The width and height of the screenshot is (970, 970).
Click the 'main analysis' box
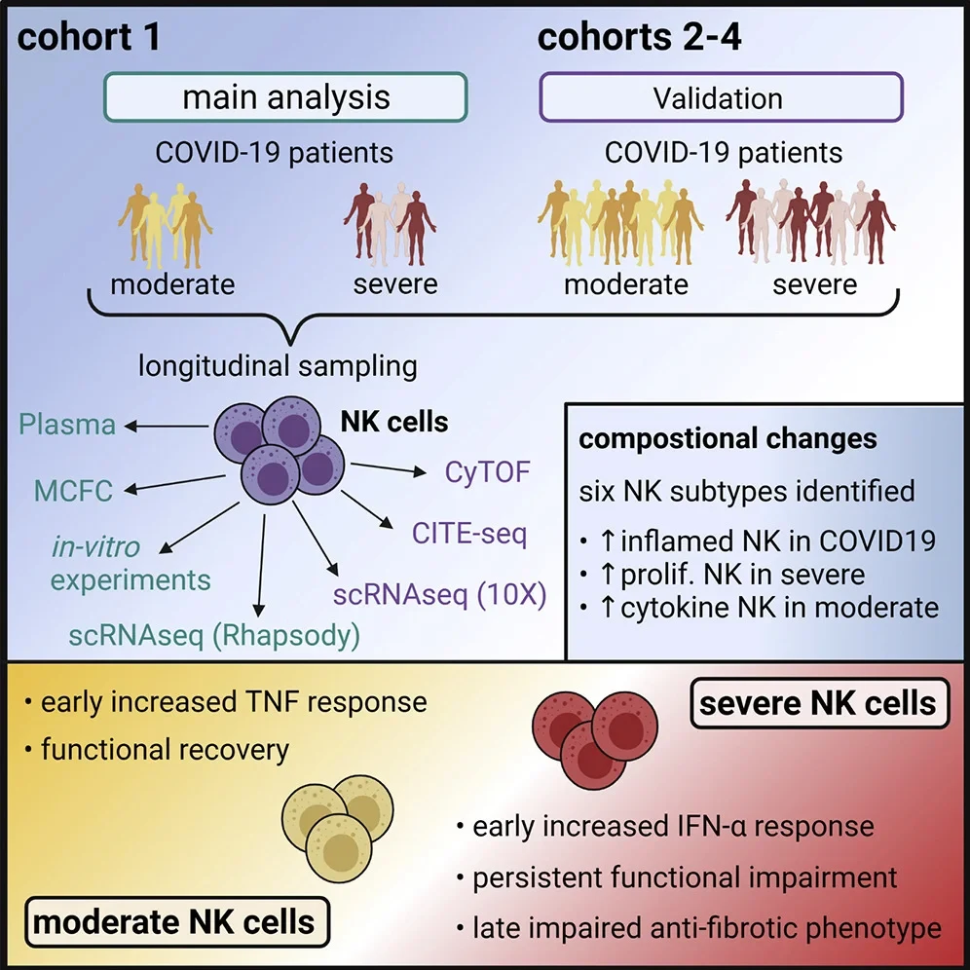point(285,97)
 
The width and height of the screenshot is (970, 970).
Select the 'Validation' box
point(717,98)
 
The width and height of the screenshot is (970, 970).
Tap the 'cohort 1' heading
point(89,38)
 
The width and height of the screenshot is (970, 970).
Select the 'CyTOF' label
point(487,473)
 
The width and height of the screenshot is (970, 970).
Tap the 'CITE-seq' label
point(470,534)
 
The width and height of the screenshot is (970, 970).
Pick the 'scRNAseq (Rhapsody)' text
point(214,638)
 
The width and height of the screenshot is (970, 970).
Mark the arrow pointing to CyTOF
point(388,471)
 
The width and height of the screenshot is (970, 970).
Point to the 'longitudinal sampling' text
point(278,365)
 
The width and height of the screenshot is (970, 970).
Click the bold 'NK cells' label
point(394,422)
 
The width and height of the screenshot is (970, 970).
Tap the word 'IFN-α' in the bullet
point(696,828)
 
